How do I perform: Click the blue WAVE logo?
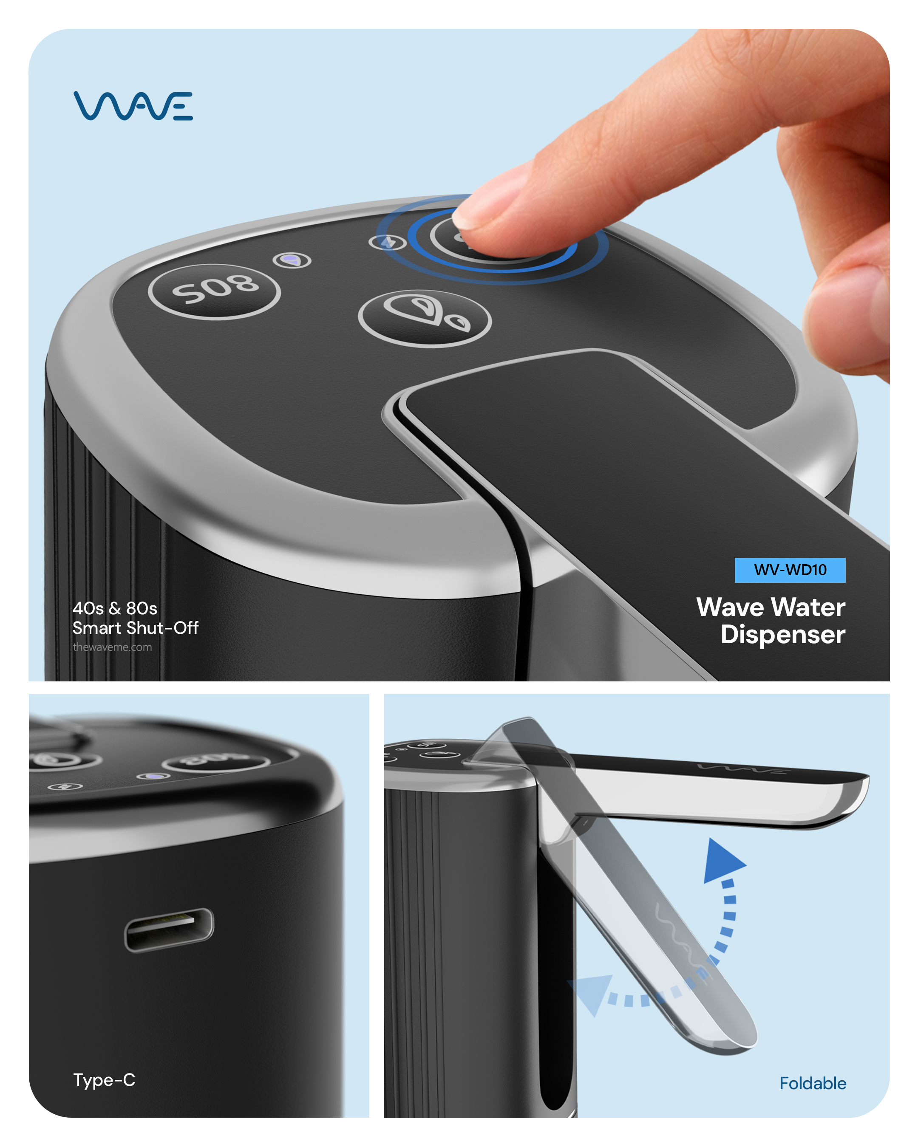[133, 105]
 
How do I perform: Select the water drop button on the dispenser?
[425, 318]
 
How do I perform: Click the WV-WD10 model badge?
[789, 570]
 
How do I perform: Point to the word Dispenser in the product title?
[782, 634]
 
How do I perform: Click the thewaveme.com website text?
[112, 647]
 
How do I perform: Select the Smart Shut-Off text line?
[136, 628]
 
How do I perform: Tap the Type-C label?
[104, 1079]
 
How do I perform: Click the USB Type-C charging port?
[169, 929]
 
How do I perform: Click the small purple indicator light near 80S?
[292, 260]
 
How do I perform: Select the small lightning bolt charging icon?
[388, 243]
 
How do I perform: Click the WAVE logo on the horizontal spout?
[740, 768]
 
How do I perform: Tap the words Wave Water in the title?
[771, 607]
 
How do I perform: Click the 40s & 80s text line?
[115, 608]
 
